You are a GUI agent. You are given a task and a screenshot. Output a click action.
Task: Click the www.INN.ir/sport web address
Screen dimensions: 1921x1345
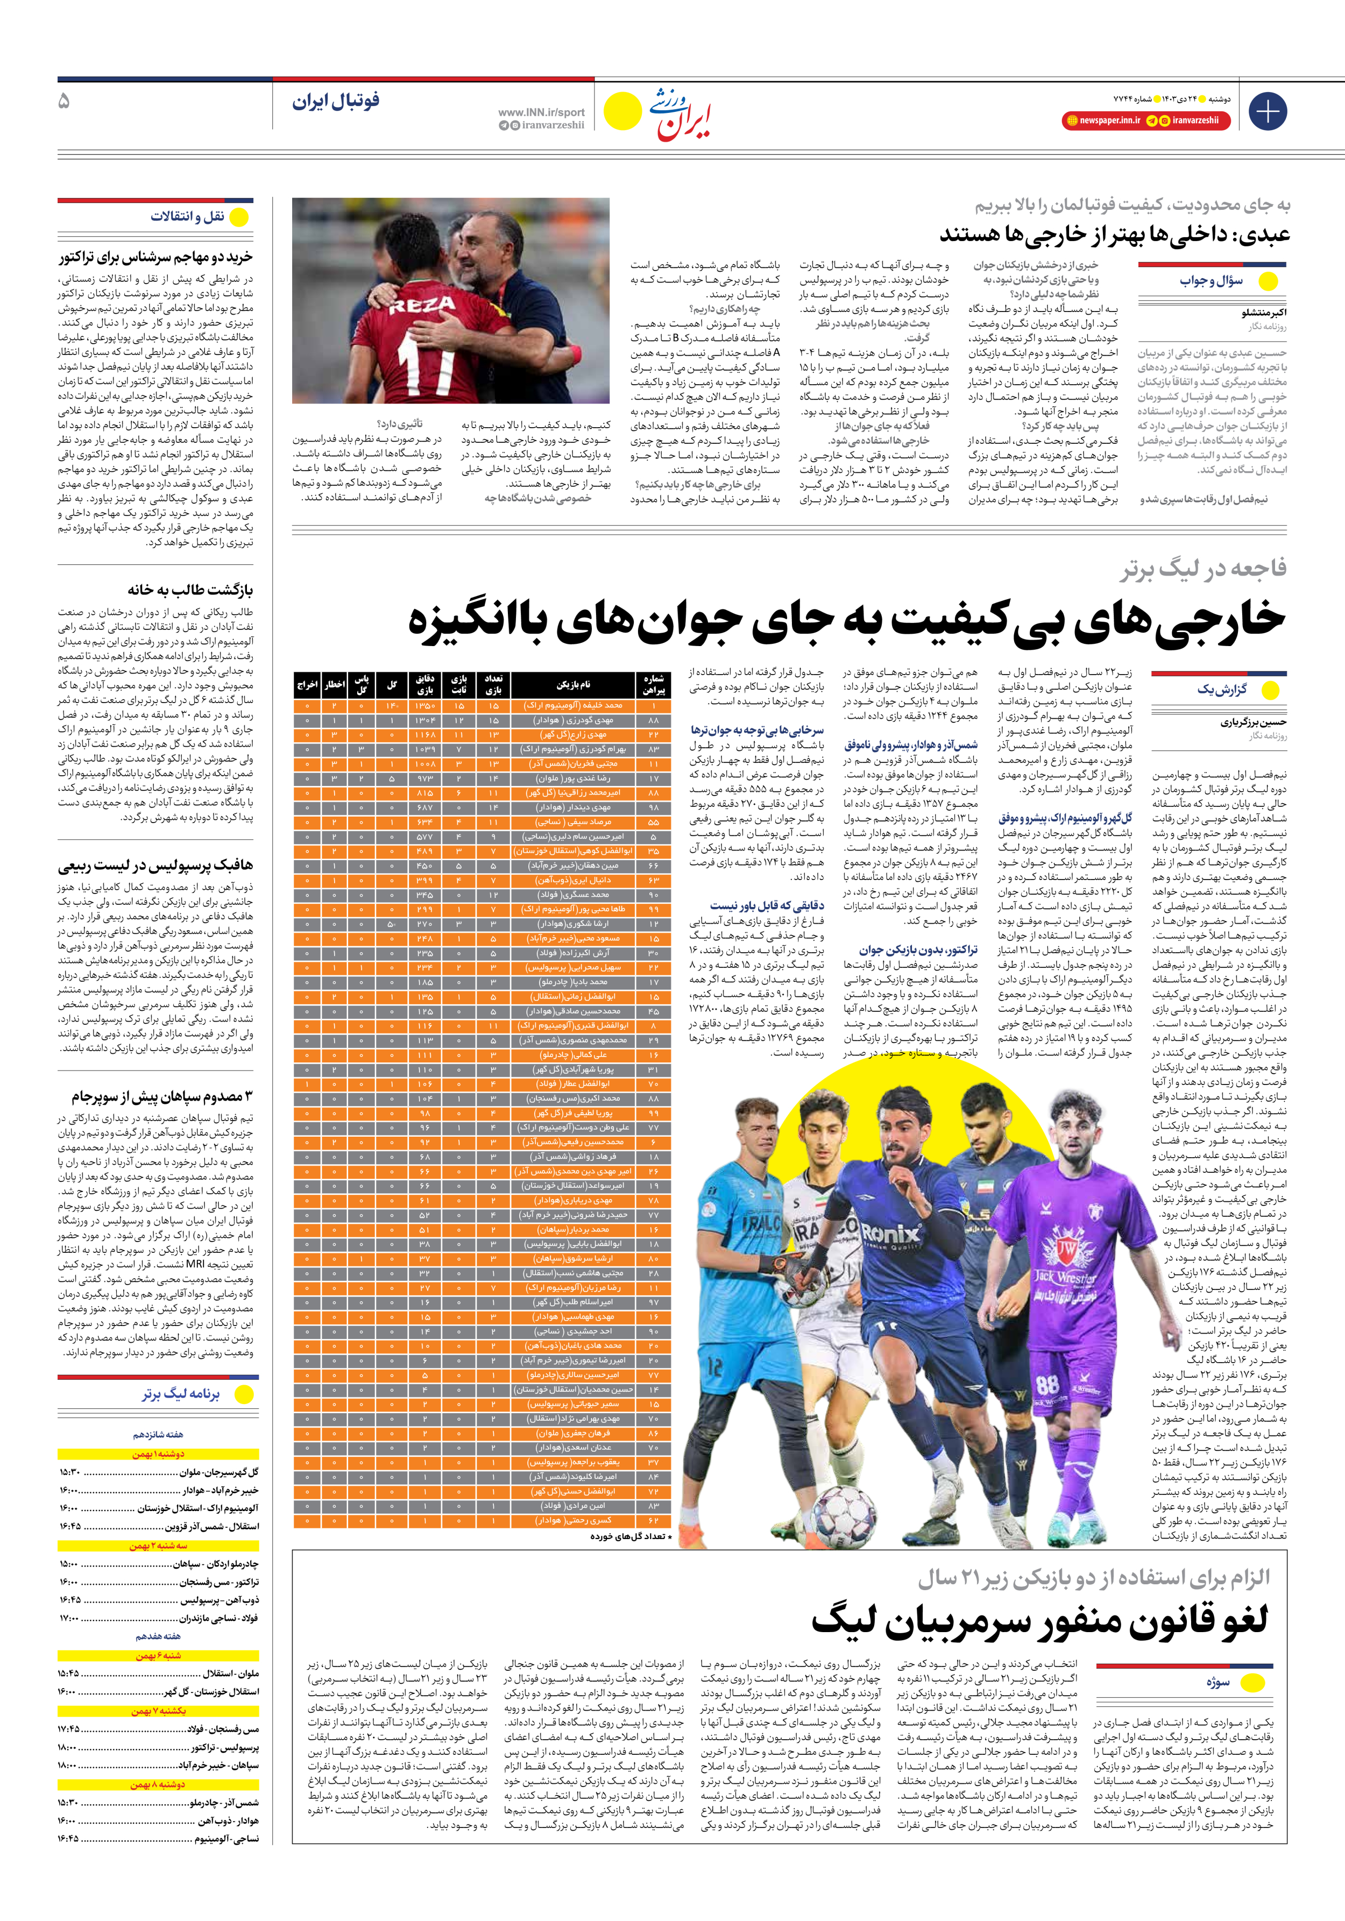542,112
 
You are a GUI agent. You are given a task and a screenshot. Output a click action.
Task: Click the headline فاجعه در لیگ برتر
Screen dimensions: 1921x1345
1204,569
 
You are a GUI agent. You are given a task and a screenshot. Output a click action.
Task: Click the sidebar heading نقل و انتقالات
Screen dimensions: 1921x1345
187,217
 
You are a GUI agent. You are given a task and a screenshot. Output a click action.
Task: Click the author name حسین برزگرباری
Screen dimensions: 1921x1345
1253,722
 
